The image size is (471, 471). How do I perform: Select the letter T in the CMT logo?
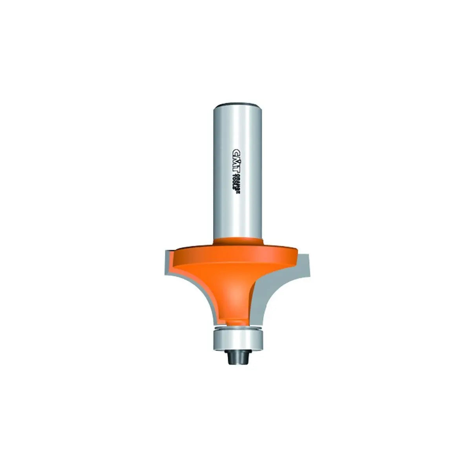point(234,170)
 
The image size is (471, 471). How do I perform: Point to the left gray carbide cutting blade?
point(173,275)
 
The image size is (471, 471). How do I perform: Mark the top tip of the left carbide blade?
point(165,250)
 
